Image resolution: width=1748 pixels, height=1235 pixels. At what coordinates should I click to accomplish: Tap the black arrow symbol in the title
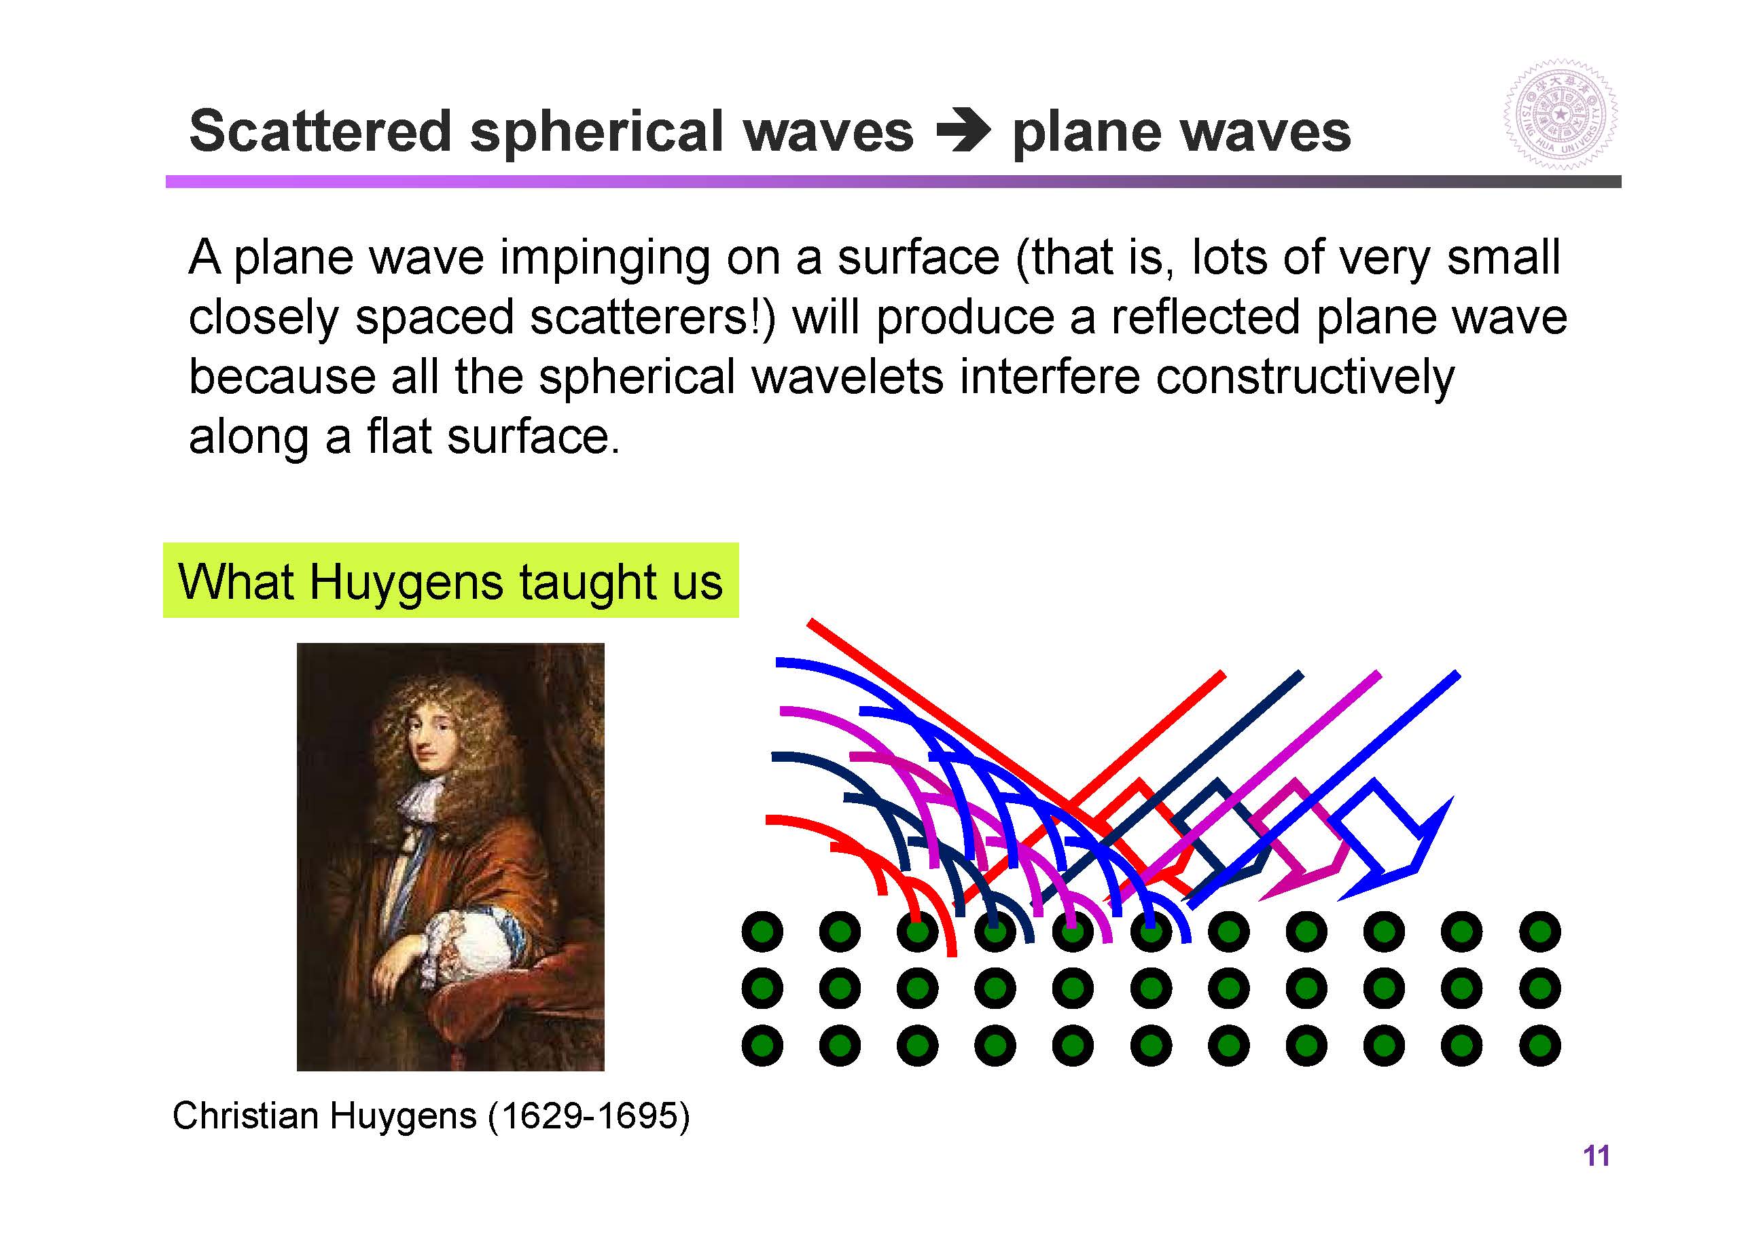point(964,131)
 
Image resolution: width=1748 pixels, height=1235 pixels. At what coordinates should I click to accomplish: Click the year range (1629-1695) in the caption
point(589,1116)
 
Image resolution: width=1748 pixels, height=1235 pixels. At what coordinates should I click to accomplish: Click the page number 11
point(1597,1156)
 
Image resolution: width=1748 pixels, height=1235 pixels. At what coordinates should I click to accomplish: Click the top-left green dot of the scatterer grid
point(762,932)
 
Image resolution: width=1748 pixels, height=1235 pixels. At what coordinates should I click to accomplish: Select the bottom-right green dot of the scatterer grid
point(1539,1046)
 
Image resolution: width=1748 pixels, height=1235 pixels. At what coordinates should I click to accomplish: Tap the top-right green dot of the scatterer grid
point(1539,932)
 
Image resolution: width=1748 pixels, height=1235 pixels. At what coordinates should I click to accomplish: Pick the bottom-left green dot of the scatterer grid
point(762,1046)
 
